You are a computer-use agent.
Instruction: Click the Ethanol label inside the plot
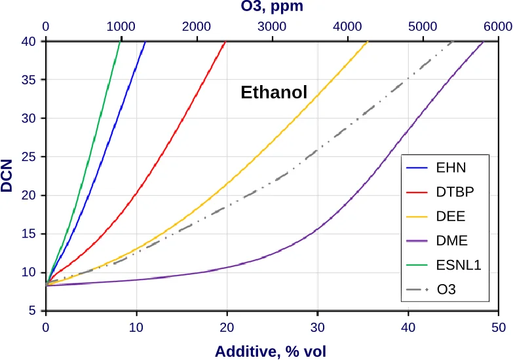click(x=274, y=93)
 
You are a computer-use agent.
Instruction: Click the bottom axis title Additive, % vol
click(x=271, y=350)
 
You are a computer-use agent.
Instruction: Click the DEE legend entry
click(x=451, y=216)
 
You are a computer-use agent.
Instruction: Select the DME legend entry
click(x=451, y=240)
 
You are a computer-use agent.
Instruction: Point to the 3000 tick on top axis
click(x=271, y=27)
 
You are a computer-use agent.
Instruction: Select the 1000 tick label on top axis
click(x=121, y=27)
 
